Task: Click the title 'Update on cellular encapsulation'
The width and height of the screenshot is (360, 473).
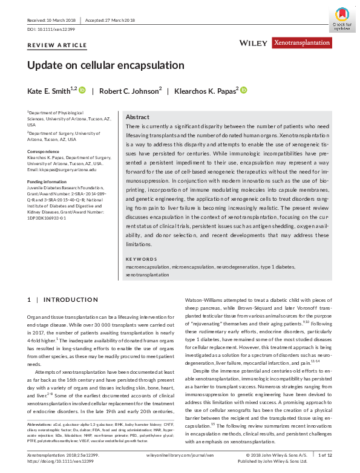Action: [106, 65]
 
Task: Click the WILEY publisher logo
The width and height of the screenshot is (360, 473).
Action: [254, 44]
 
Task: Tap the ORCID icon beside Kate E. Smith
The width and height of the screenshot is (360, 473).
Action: [83, 90]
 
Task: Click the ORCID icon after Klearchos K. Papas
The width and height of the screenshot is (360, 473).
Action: [244, 90]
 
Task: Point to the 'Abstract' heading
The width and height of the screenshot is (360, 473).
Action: [137, 117]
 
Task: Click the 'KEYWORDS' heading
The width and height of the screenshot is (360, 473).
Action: [141, 259]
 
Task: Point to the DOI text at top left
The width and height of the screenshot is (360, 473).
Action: [52, 29]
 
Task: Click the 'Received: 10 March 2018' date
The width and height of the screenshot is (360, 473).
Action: [52, 21]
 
